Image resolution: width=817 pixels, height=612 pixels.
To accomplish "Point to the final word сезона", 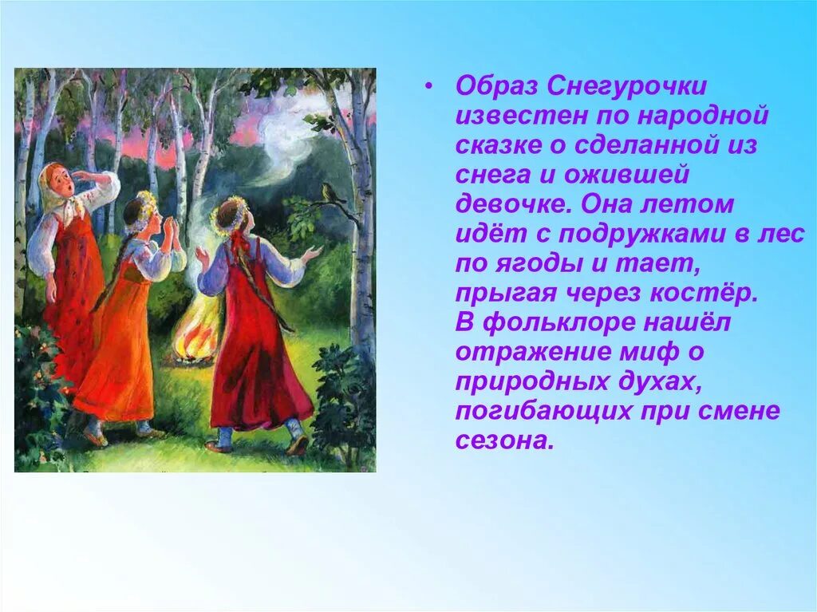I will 504,440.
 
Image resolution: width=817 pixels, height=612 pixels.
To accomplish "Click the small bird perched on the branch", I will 329,191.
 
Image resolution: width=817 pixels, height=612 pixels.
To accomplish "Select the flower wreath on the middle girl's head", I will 145,199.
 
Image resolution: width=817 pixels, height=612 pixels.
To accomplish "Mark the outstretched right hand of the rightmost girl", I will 312,253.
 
